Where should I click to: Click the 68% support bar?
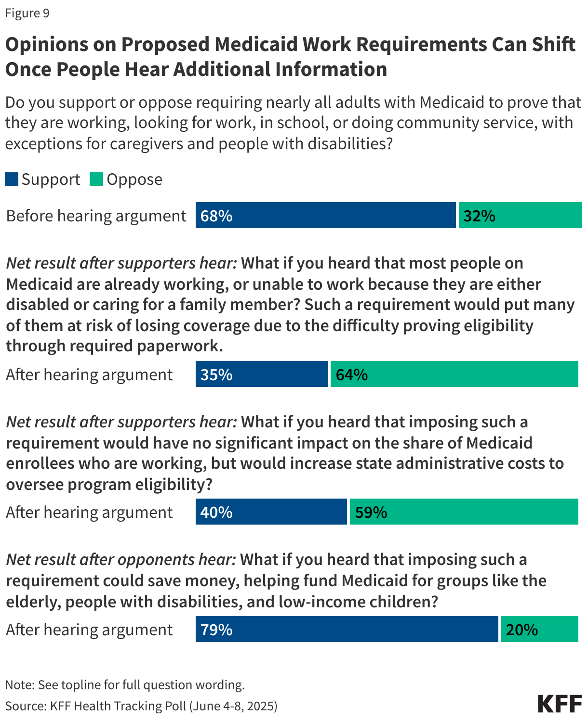[325, 215]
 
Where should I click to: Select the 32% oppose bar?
[520, 215]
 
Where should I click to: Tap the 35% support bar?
[261, 374]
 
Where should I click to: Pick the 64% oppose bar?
[454, 374]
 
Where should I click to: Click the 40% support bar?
[271, 512]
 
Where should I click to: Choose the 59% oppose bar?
[464, 512]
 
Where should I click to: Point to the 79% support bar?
[347, 629]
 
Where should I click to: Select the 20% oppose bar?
[539, 629]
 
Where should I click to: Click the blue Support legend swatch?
[12, 180]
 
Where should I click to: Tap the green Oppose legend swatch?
[96, 180]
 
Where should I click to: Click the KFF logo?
[560, 704]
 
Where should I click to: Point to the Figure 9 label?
[27, 13]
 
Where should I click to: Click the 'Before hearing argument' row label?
[96, 216]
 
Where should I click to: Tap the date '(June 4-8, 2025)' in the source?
[233, 706]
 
